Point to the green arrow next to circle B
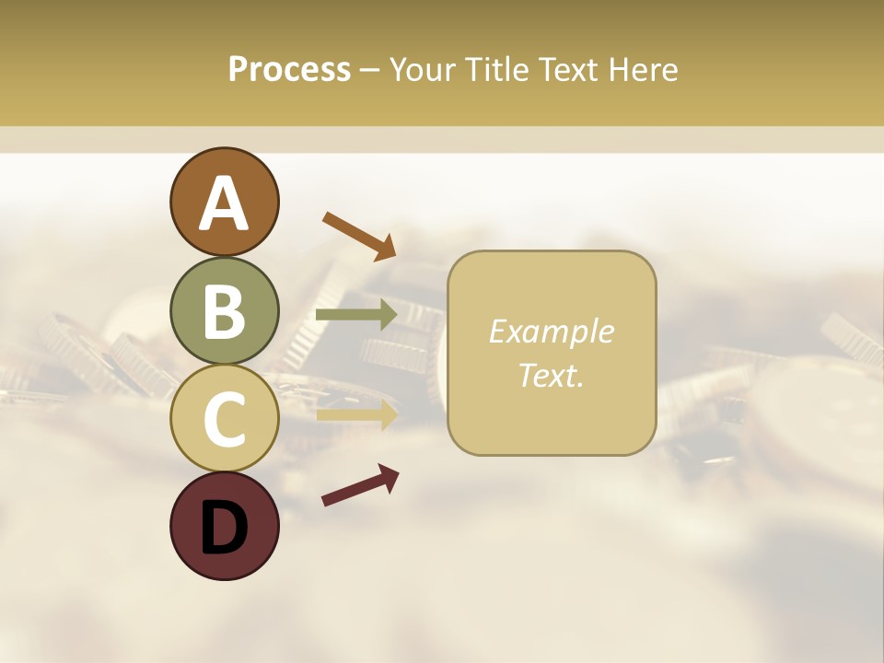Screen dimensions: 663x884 coord(356,315)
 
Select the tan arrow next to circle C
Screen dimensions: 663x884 coord(356,414)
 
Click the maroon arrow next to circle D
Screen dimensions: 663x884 coord(360,485)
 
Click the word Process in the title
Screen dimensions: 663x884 coord(289,69)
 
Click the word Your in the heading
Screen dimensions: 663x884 coord(420,69)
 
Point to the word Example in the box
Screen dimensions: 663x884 coord(551,331)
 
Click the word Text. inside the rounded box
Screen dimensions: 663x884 coord(551,375)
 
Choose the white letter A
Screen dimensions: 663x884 coord(224,204)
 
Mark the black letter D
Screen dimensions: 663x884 coord(224,528)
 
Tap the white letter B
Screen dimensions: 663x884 coord(224,311)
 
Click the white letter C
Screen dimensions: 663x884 coord(224,419)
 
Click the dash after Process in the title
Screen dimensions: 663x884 coord(369,70)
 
